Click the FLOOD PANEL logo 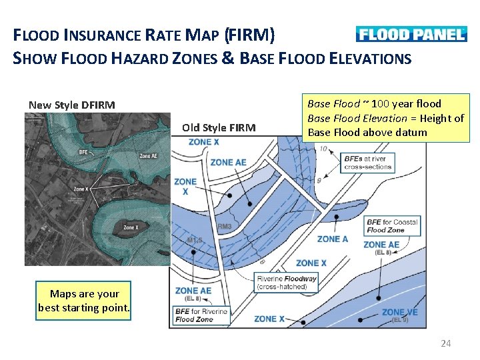pyautogui.click(x=411, y=34)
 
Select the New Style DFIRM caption pyautogui.click(x=71, y=105)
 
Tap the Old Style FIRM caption pyautogui.click(x=219, y=127)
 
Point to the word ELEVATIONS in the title pyautogui.click(x=370, y=59)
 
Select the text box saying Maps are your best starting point pyautogui.click(x=84, y=301)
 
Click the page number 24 pyautogui.click(x=446, y=343)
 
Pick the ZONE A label pyautogui.click(x=333, y=239)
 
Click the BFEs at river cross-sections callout pyautogui.click(x=367, y=163)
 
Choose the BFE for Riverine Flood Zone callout pyautogui.click(x=201, y=315)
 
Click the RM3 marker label pyautogui.click(x=224, y=227)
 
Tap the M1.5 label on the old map pyautogui.click(x=195, y=240)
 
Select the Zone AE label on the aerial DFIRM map pyautogui.click(x=148, y=156)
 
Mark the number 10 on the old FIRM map pyautogui.click(x=323, y=148)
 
